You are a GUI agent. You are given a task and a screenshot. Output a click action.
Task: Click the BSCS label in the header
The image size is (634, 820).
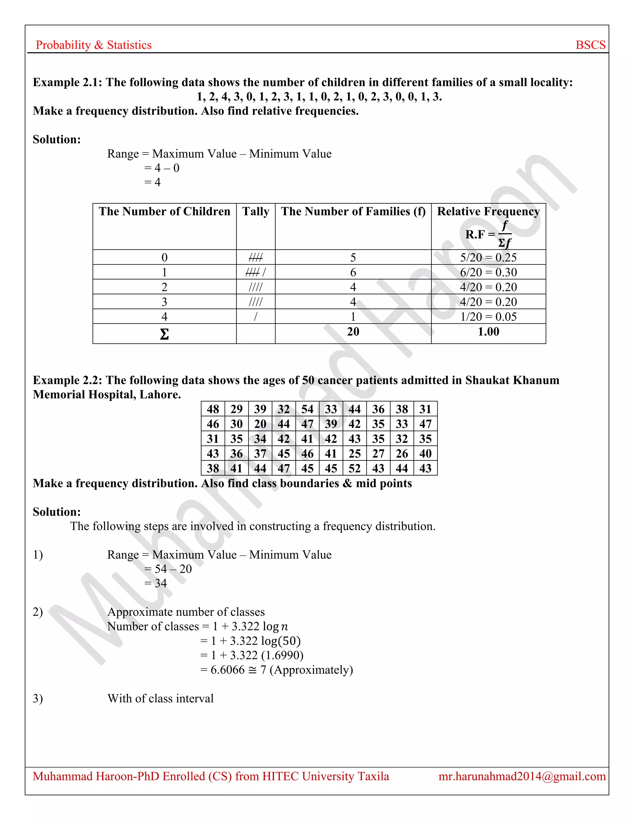[590, 45]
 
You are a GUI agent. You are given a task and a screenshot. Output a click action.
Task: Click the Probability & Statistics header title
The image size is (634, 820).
[93, 45]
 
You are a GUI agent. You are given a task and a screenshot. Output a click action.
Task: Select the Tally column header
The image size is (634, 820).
[255, 212]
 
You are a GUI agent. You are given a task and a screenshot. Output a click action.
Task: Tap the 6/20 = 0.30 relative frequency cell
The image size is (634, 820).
[488, 272]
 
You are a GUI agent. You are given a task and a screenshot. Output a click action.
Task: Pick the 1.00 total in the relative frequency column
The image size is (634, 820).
[488, 332]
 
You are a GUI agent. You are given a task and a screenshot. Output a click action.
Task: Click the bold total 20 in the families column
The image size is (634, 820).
[353, 332]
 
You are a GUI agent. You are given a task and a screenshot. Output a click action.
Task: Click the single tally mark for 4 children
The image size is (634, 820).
[255, 317]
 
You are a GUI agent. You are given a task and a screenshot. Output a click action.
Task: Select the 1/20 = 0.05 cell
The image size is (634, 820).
[488, 317]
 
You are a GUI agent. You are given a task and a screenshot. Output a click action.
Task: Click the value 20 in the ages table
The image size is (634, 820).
[260, 424]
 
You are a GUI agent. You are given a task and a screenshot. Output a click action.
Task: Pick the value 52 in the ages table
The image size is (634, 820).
[354, 468]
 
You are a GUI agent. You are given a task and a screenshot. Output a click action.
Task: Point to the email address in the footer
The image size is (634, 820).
[522, 776]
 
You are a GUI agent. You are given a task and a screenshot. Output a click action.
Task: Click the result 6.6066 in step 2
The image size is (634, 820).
[227, 670]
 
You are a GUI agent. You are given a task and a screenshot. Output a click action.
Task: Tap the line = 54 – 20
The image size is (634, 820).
[168, 569]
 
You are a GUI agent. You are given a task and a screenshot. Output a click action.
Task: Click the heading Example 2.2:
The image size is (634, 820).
[67, 380]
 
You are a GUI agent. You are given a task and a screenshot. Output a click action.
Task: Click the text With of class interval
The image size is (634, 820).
[160, 698]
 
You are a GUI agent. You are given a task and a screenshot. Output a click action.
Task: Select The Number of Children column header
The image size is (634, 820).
[164, 212]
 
